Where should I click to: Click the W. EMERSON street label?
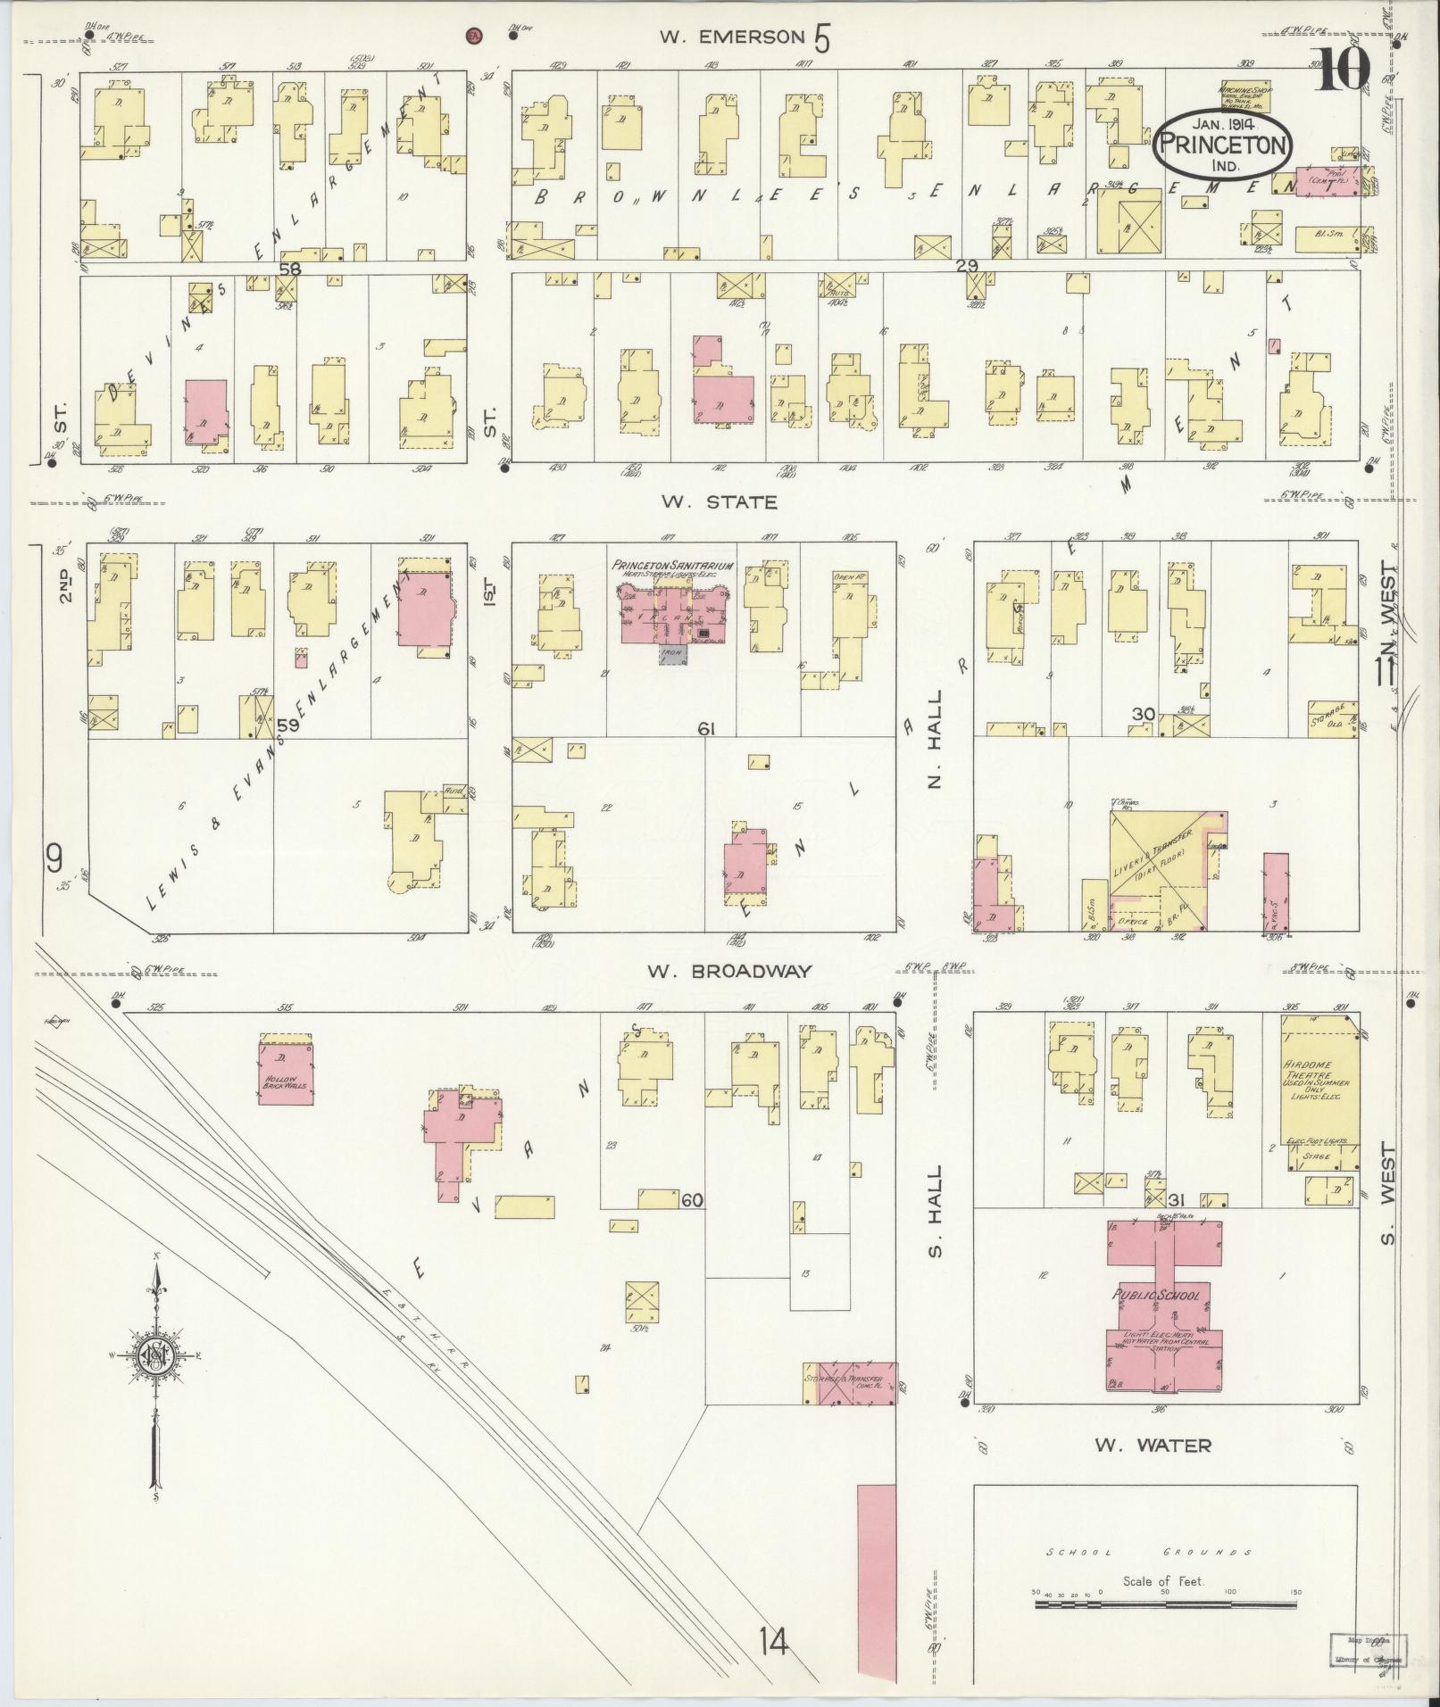732,37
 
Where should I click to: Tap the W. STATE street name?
719,502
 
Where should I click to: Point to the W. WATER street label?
1153,1445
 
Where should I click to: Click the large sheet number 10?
1338,69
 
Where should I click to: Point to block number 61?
707,729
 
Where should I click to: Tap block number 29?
967,265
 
